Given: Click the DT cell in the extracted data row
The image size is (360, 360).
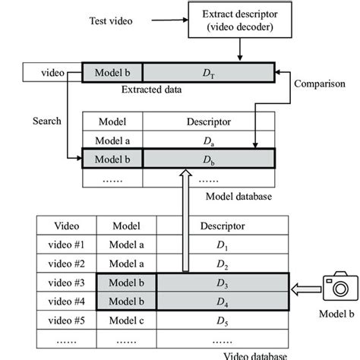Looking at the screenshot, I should tap(207, 73).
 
